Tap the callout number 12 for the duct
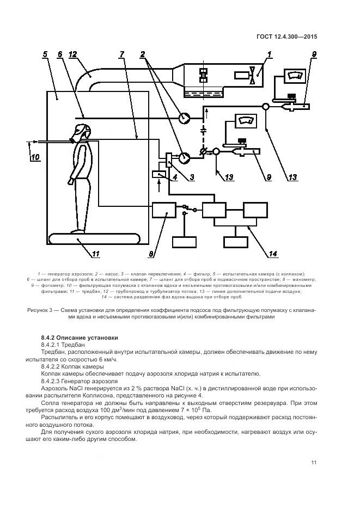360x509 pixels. click(x=73, y=54)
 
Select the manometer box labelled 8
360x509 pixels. click(x=163, y=211)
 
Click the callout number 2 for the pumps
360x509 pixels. click(x=143, y=54)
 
